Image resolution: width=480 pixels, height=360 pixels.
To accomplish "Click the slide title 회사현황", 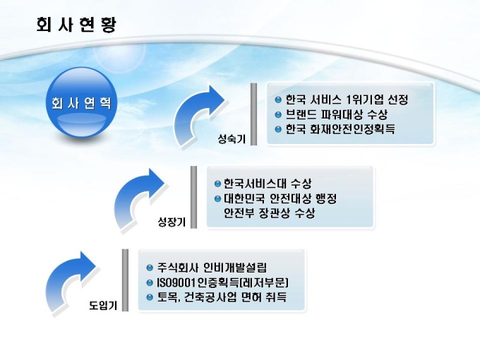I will tap(76, 25).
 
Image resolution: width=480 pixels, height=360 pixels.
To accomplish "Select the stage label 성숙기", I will tap(232, 139).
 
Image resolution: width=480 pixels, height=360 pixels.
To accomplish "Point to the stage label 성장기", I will tap(171, 222).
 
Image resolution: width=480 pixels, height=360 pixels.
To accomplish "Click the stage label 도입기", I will tap(103, 306).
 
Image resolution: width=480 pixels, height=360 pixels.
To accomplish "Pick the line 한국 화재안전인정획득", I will tap(340, 129).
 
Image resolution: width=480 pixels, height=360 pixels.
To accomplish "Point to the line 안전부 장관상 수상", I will tap(269, 212).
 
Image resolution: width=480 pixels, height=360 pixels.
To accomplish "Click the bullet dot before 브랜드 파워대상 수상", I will tap(279, 114).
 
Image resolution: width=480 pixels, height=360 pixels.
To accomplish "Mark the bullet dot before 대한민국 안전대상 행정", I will tap(217, 198).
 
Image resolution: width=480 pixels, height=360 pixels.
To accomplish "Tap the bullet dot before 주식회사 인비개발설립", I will tap(149, 268).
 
